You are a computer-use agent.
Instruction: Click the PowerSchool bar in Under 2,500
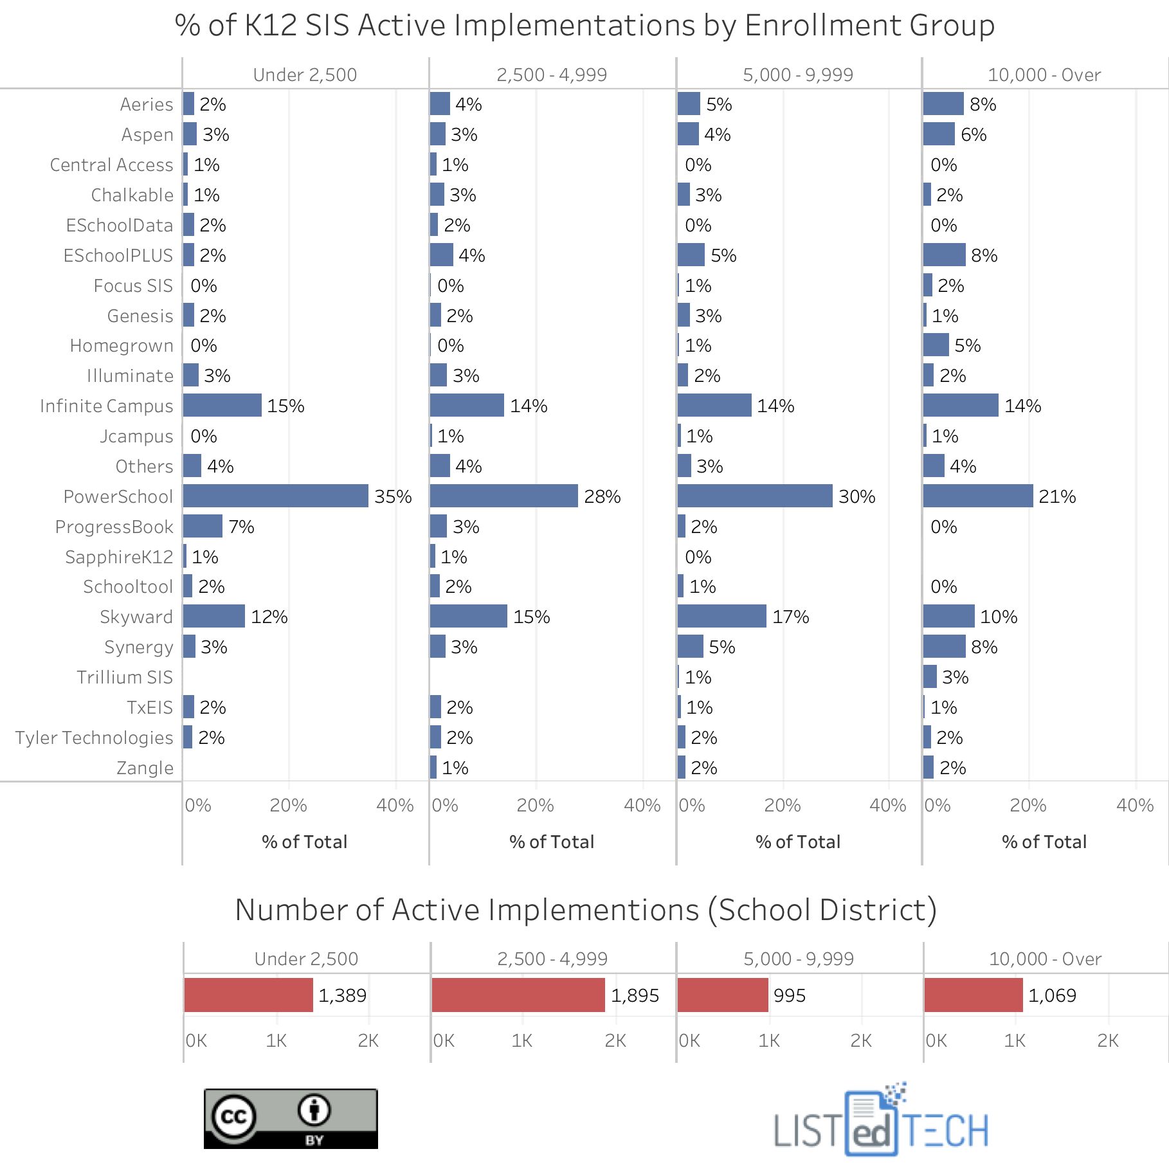click(275, 496)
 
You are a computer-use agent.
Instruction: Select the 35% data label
click(393, 496)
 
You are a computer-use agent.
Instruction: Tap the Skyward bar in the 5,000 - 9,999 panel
click(721, 616)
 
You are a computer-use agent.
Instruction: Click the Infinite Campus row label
click(107, 406)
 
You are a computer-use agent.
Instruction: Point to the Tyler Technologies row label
click(95, 737)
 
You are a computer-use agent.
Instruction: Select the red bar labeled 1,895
click(518, 995)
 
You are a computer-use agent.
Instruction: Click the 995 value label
click(789, 995)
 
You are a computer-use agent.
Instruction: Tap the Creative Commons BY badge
click(291, 1118)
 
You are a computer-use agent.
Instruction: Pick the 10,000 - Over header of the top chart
click(1044, 75)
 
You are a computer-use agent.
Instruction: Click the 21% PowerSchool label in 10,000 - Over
click(1056, 496)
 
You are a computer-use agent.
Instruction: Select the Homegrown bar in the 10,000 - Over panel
click(936, 345)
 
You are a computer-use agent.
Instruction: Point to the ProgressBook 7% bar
click(203, 526)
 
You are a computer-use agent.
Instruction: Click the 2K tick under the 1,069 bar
click(1107, 1040)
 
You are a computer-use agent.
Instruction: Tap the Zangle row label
click(145, 768)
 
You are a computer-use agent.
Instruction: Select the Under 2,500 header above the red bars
click(306, 959)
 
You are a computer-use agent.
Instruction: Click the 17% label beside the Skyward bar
click(790, 617)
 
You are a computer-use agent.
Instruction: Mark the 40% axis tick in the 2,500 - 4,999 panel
click(642, 805)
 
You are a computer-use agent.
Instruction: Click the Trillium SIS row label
click(125, 677)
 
